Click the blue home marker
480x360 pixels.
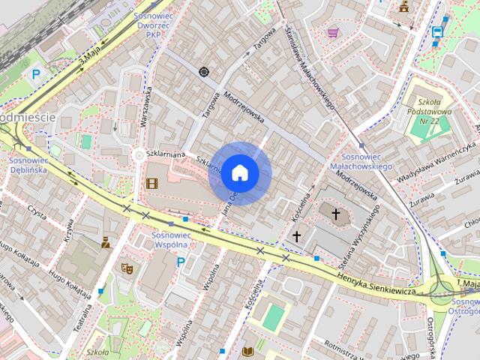tap(239, 172)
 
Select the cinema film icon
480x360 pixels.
tap(152, 182)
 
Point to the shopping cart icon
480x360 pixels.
tap(332, 32)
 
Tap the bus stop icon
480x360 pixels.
tap(436, 31)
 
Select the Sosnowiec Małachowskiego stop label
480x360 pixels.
tap(361, 160)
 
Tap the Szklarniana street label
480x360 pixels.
tap(166, 154)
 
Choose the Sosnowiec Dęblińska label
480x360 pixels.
tap(28, 164)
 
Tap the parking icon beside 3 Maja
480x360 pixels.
tap(35, 74)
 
